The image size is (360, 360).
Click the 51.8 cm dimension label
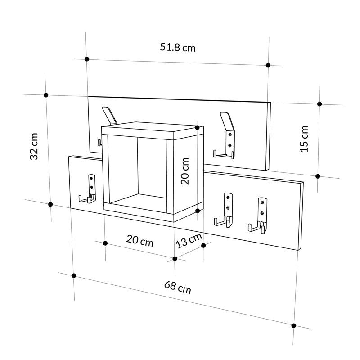click(x=178, y=47)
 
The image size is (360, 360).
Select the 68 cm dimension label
click(x=177, y=287)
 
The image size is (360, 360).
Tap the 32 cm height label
click(x=34, y=146)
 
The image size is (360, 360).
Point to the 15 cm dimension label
click(x=305, y=139)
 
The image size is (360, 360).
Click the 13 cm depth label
click(x=188, y=241)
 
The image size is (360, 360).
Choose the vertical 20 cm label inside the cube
click(x=185, y=171)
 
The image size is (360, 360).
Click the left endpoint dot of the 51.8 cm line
click(x=87, y=59)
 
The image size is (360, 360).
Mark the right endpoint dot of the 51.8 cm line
click(x=268, y=65)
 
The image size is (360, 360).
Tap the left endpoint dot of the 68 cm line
click(x=74, y=275)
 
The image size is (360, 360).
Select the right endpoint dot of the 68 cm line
click(x=293, y=325)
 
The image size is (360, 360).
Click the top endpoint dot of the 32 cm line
click(x=46, y=95)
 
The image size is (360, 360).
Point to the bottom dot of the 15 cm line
click(x=318, y=176)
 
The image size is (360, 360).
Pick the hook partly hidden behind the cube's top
click(x=109, y=115)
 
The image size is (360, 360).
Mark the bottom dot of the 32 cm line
click(x=50, y=204)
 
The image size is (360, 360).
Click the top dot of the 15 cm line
click(x=319, y=104)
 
